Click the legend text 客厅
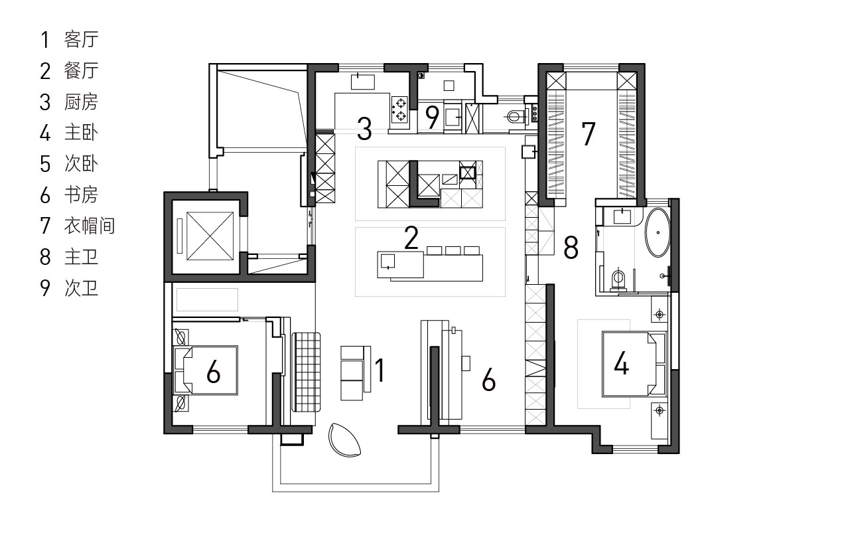[81, 40]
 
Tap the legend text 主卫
[81, 257]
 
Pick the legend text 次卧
[81, 163]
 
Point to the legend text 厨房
[81, 102]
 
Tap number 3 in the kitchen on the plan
[364, 128]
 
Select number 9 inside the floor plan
[433, 118]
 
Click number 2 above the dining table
[411, 238]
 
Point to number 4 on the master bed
[621, 363]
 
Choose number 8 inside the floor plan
[571, 248]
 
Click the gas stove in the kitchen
[400, 110]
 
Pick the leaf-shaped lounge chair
[345, 439]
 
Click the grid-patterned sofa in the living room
[307, 371]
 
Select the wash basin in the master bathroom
[622, 215]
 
